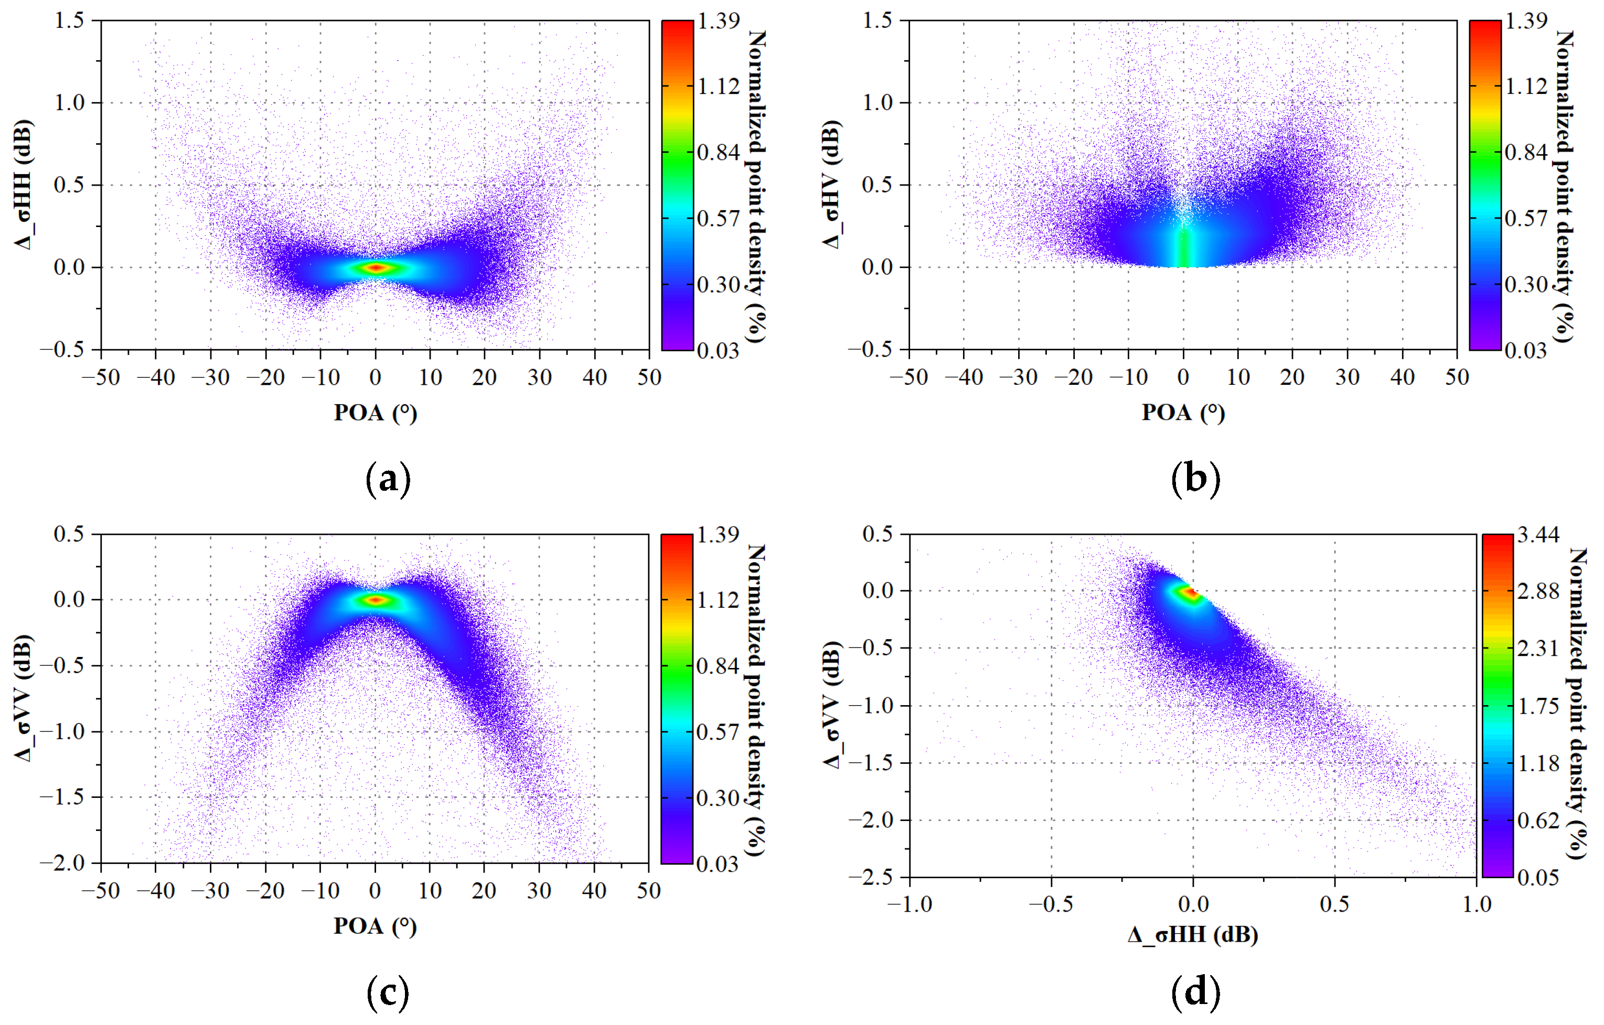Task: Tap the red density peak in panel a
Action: (376, 267)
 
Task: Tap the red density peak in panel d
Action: (1190, 593)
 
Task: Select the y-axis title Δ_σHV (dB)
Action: (832, 185)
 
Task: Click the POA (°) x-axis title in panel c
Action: (375, 926)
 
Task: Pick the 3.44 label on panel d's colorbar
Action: (1538, 535)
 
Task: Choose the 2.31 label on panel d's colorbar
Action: (1538, 648)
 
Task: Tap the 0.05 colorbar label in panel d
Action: (1538, 877)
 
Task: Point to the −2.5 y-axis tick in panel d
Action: (878, 877)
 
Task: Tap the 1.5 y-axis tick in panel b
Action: (878, 20)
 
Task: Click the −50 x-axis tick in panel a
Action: (101, 377)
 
